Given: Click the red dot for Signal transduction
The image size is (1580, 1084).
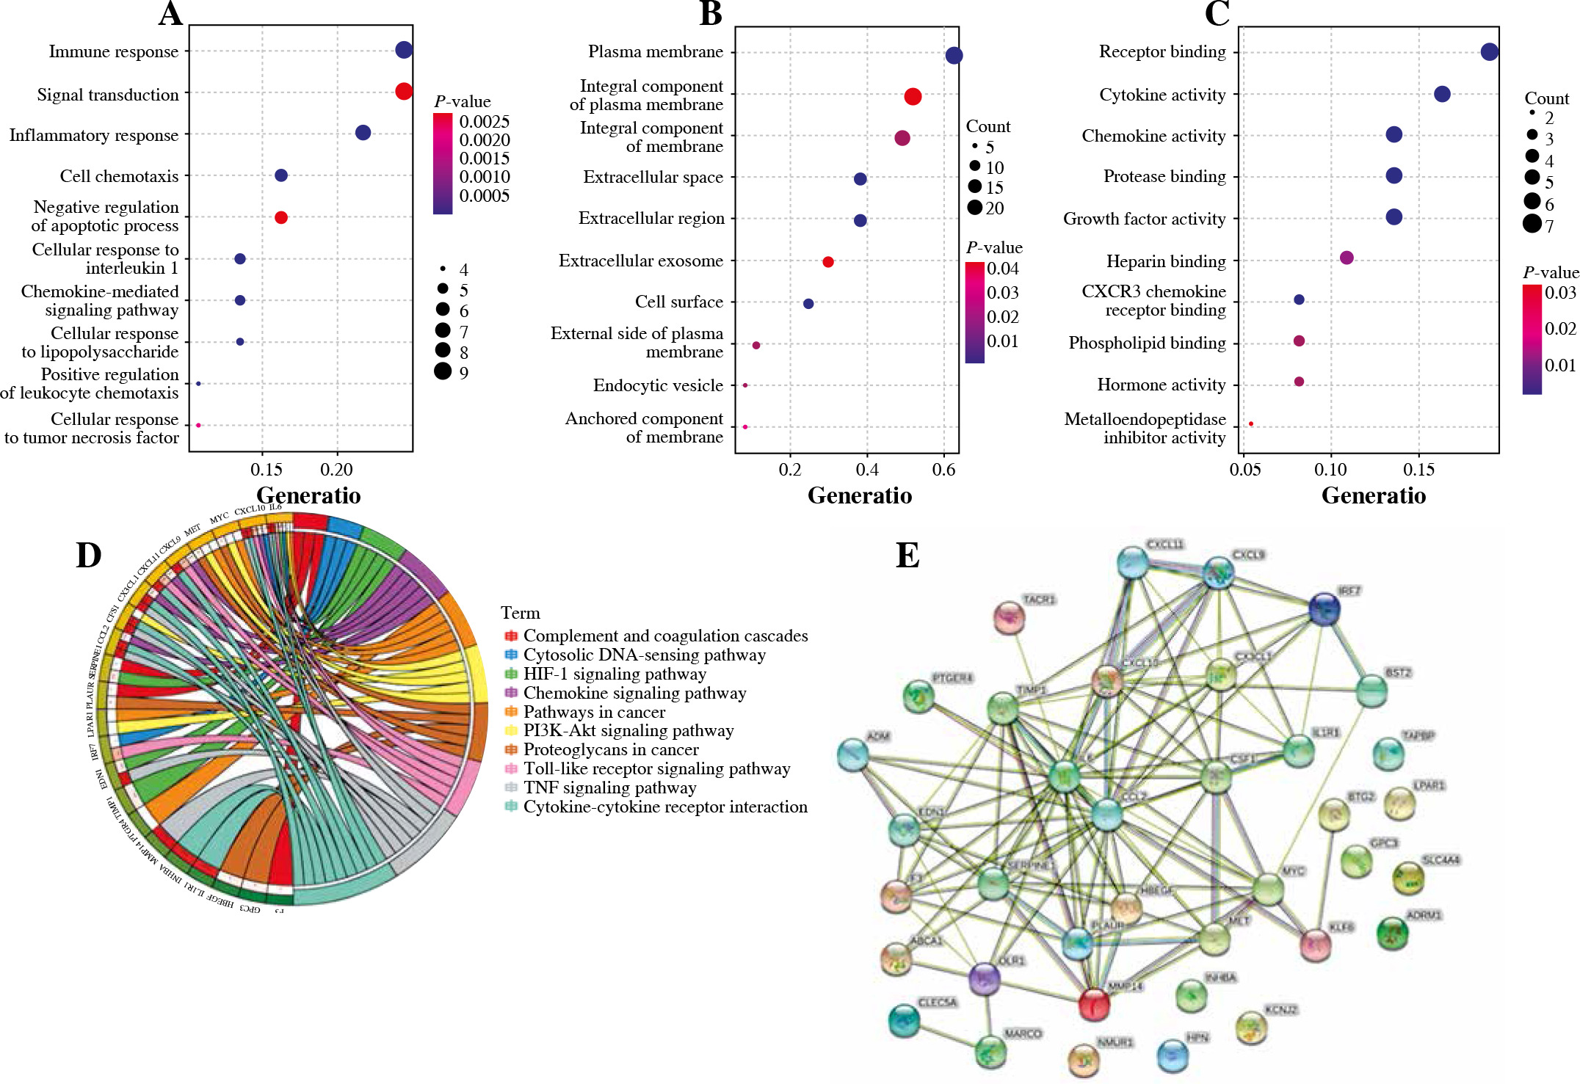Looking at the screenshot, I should pos(403,91).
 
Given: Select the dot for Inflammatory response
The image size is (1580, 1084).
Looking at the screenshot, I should pos(363,133).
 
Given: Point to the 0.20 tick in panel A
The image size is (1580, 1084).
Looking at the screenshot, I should pos(337,470).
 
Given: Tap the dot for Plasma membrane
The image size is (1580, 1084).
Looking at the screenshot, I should pos(954,55).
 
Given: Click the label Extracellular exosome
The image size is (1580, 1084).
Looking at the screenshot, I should pos(640,261).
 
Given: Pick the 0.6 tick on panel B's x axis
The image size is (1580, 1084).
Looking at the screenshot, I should pos(943,470).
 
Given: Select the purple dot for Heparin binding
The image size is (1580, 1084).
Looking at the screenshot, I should pos(1347,258).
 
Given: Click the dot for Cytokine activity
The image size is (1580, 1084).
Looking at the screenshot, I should pos(1442,94).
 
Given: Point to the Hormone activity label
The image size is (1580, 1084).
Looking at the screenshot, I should pos(1161,385).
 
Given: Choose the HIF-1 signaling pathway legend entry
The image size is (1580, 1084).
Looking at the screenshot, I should pos(614,674).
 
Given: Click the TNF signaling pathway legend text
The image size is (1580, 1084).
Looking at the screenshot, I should pos(609,787).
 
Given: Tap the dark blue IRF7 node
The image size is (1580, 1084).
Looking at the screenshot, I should pos(1324,609).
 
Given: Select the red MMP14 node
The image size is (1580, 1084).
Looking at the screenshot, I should pos(1094,1004).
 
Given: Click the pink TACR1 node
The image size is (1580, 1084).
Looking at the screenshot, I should pos(1010,618).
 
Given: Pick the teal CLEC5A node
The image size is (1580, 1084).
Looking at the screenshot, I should pos(904,1020).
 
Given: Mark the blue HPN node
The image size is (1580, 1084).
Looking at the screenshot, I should pos(1173,1055).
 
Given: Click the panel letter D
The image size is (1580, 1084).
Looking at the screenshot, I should pos(88,556).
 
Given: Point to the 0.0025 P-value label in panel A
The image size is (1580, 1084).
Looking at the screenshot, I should pos(484,122).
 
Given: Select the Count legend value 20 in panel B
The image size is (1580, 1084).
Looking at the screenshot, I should pos(995,208).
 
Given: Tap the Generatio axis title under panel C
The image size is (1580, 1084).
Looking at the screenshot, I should pos(1373,496).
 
